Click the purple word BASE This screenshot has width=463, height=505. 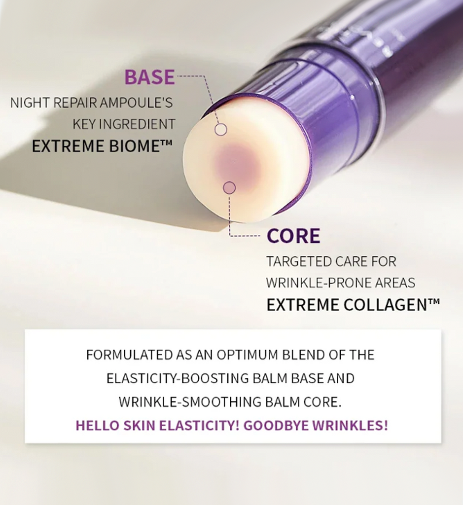click(149, 77)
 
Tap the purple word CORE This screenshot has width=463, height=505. click(293, 236)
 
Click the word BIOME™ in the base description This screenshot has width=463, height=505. click(138, 146)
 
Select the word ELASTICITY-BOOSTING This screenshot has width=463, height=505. click(180, 378)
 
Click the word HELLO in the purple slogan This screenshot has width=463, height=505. click(96, 426)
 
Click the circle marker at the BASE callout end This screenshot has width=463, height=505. click(221, 130)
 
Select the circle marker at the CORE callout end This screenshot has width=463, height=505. click(229, 187)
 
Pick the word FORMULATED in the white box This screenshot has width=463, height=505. click(129, 355)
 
